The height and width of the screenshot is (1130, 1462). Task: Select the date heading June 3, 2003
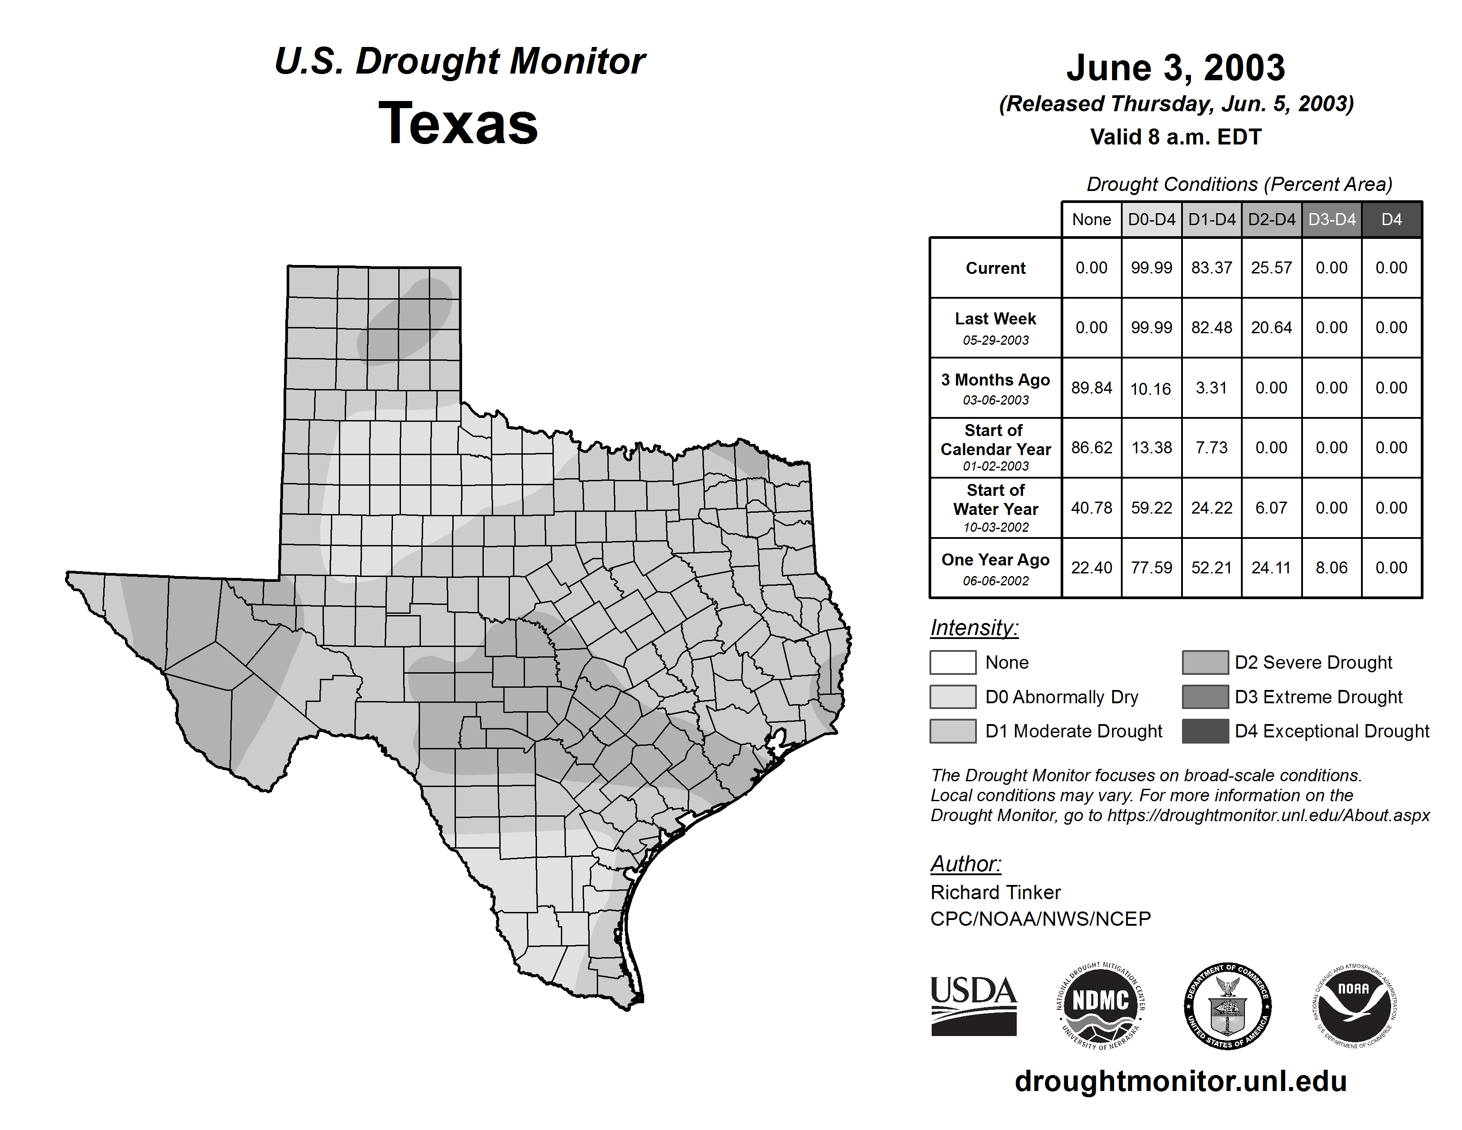[1175, 68]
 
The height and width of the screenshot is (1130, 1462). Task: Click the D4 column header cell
[1391, 219]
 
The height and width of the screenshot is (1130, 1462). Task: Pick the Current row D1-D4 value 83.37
[1212, 268]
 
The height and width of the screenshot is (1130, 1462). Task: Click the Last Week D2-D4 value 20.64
[1271, 327]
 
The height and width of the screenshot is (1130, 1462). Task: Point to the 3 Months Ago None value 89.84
[1091, 388]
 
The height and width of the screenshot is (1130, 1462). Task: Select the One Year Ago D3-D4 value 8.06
[1331, 568]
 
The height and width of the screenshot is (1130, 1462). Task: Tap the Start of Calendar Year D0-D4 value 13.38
[1151, 447]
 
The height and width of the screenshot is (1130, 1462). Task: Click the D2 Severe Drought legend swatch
[1205, 662]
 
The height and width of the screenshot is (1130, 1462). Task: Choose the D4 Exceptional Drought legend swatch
[1205, 731]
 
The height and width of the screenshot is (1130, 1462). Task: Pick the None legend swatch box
[953, 662]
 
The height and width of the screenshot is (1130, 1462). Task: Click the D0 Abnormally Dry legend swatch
[953, 697]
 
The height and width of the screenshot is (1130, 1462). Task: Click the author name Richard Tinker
[995, 892]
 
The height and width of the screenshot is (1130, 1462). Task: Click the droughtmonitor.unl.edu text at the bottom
[1180, 1081]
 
